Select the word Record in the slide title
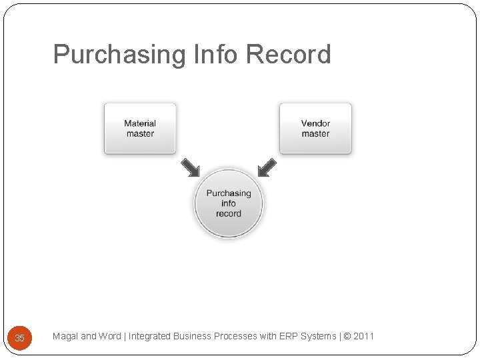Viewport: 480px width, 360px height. tap(288, 55)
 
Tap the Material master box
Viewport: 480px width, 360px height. tap(140, 129)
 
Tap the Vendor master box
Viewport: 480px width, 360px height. tap(315, 129)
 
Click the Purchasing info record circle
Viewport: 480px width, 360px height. tap(229, 203)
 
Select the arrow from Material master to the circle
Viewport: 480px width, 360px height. tap(190, 167)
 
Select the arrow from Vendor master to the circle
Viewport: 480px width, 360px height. tap(267, 167)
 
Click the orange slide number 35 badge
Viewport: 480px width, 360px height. tap(19, 338)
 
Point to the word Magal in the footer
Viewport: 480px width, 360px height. tap(65, 337)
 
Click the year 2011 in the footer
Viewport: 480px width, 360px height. tap(364, 337)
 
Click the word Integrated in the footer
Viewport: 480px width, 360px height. tap(149, 337)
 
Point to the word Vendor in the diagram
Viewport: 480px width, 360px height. tap(315, 123)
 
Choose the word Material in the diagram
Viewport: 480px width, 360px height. tap(140, 123)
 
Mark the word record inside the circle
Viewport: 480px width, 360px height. tap(229, 214)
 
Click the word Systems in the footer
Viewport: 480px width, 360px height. tap(319, 337)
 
